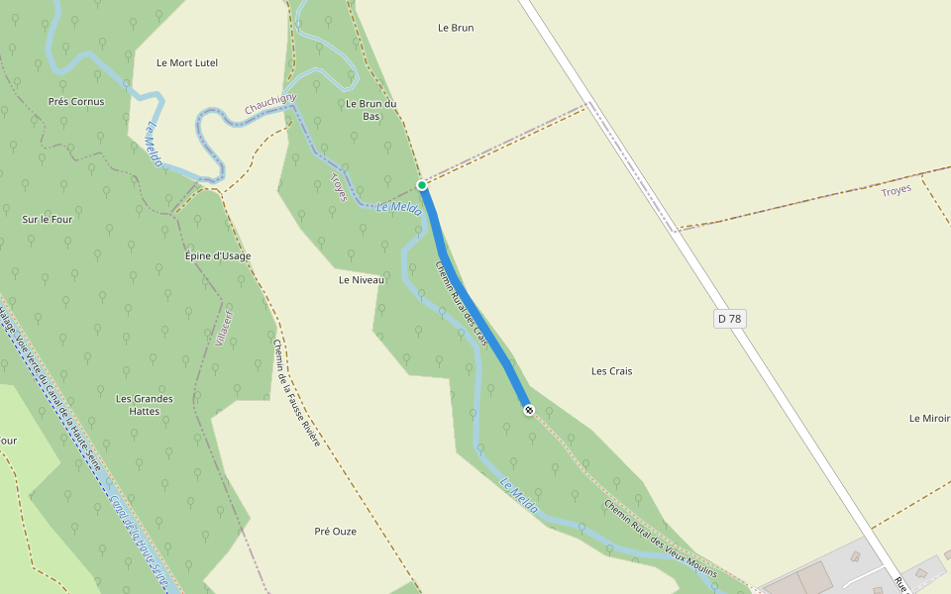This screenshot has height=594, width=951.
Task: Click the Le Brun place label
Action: pos(456,28)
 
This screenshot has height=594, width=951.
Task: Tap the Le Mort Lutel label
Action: pos(187,62)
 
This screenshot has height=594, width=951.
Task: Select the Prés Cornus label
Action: pos(76,101)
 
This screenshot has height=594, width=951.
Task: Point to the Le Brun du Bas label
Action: pos(371,109)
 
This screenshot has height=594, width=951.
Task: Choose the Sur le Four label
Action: pos(48,219)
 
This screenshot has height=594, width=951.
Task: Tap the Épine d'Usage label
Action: pos(218,255)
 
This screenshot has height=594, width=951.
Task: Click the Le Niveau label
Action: pos(362,279)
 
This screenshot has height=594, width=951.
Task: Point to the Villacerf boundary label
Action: pos(222,326)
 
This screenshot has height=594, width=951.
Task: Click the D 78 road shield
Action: pos(730,318)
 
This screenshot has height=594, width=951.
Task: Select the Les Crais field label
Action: pos(611,371)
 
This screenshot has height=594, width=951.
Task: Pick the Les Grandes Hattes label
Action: pos(145,405)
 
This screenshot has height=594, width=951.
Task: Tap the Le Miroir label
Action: pos(929,418)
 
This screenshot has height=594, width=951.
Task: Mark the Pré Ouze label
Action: pos(335,531)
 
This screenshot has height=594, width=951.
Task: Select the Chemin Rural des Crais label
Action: pos(463,303)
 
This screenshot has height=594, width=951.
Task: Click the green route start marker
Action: pos(422,185)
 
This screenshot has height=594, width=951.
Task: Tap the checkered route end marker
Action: pos(529,409)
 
